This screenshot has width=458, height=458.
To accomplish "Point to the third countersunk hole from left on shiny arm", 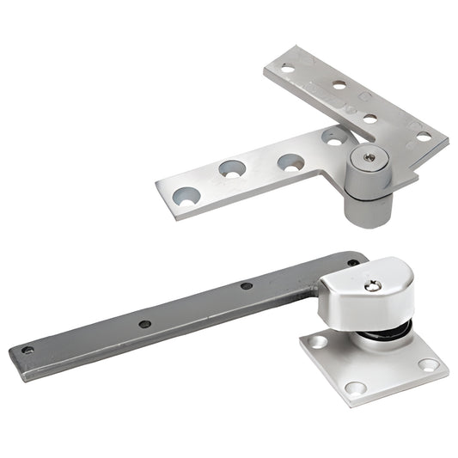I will pos(290,161).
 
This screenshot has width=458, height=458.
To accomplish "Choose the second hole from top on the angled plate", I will pos(339,86).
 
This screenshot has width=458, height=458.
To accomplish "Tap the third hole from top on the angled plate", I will pos(369,118).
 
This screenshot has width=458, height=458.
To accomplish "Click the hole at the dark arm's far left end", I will pos(28,351).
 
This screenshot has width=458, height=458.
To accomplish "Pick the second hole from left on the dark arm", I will pos(144,324).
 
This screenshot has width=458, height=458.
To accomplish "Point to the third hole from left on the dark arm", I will pos(246,285).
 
